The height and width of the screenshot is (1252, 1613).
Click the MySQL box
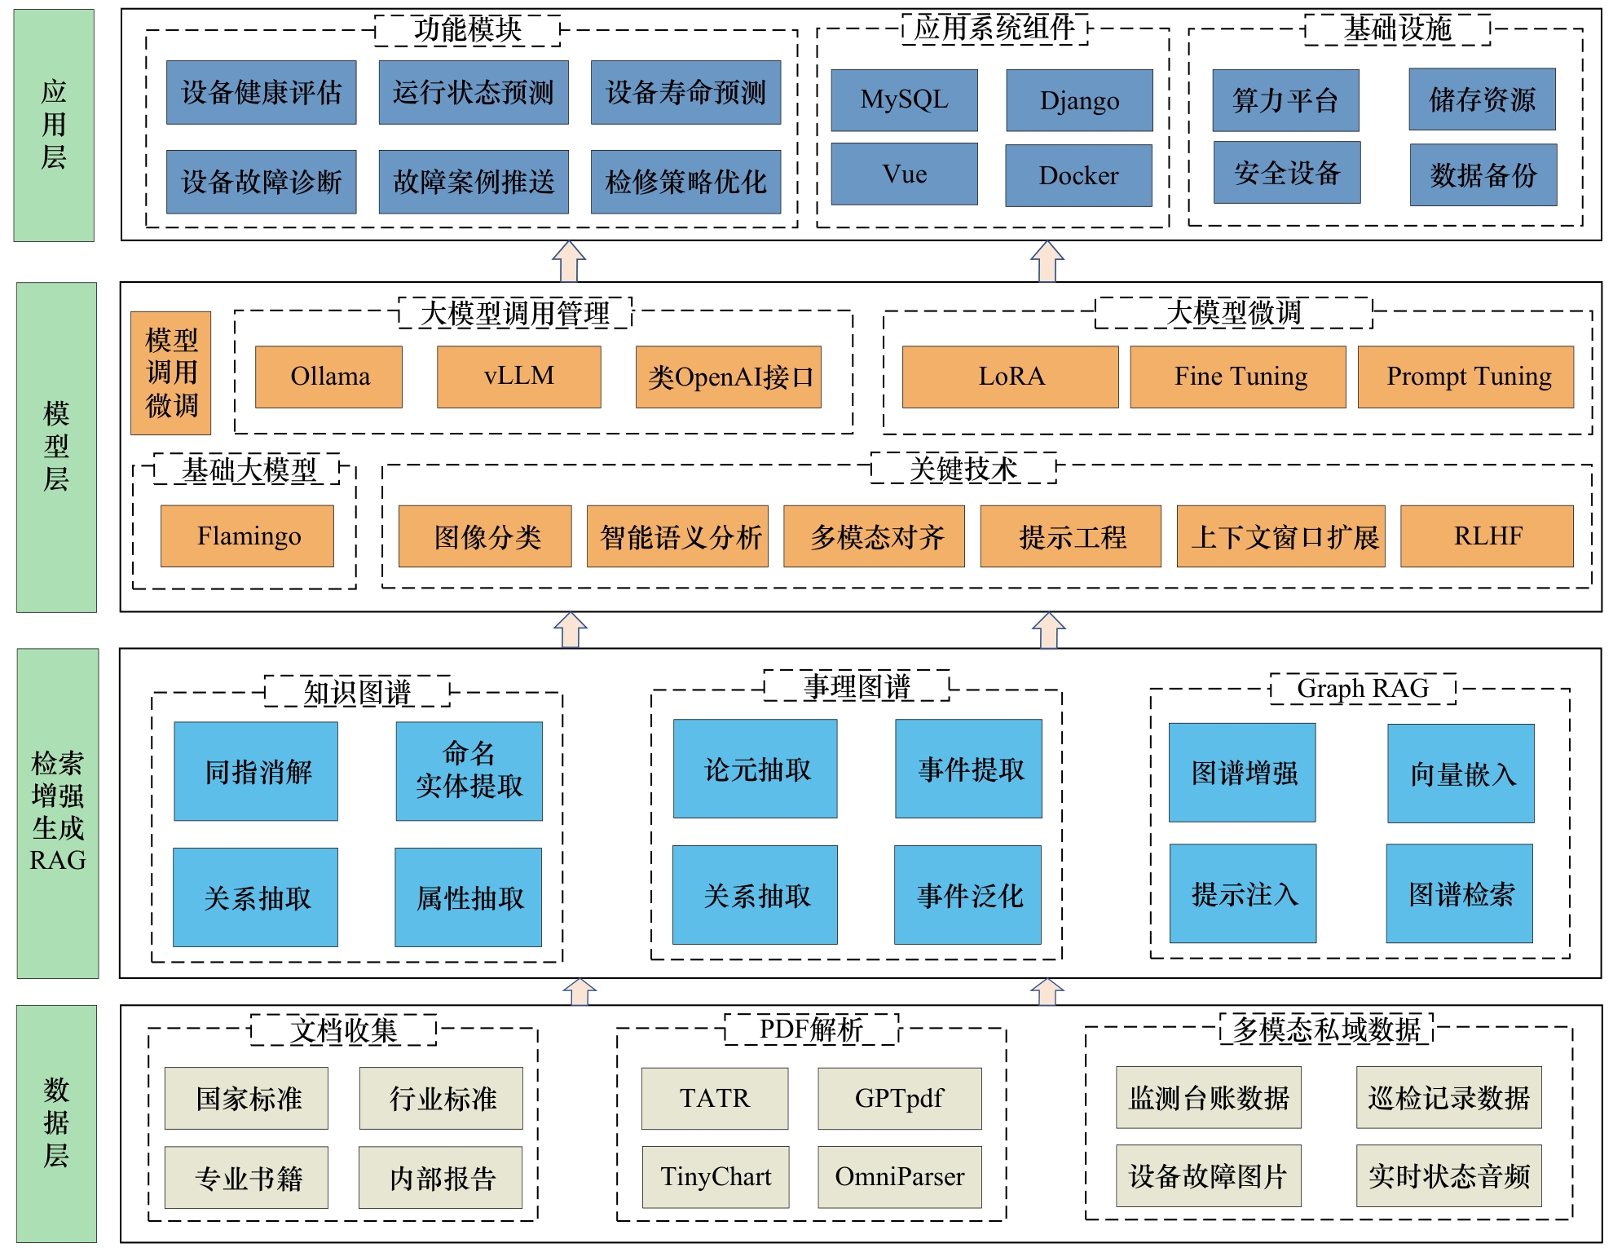coord(904,100)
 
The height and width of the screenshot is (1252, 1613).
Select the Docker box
coord(1078,175)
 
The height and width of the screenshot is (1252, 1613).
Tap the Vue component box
coord(904,174)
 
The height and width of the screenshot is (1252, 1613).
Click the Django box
coord(1079,100)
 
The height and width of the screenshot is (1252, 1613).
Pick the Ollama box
coord(328,377)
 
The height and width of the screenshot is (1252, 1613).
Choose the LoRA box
coord(1010,377)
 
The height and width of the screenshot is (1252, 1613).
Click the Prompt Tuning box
coord(1465,377)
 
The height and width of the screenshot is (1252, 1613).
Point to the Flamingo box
coord(247,536)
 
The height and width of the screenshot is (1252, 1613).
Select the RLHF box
coord(1487,536)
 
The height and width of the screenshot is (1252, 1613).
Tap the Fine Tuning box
coord(1237,377)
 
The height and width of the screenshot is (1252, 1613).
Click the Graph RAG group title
coord(1363,689)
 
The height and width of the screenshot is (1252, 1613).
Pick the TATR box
coord(715,1098)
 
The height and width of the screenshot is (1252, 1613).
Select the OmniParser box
coord(900,1177)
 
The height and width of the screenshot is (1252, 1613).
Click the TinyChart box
coord(716,1177)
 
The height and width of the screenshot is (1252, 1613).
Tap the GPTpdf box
coord(900,1098)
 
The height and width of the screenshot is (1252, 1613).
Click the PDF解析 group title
coord(811,1029)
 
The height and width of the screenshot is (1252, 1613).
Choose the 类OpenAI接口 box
coord(729,377)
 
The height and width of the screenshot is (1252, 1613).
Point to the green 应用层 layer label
coord(54,125)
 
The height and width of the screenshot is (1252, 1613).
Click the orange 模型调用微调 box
coord(171,373)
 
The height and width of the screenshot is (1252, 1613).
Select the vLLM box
coord(519,377)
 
